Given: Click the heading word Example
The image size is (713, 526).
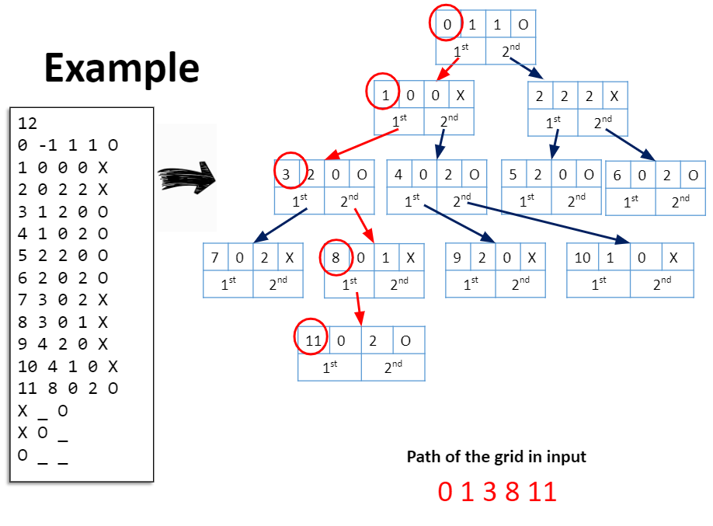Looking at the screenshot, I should click(x=122, y=68).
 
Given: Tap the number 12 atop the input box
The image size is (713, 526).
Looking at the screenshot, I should click(x=27, y=124).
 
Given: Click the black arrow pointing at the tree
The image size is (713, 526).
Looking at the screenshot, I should click(x=186, y=178).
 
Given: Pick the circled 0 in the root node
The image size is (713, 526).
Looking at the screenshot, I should click(x=447, y=24).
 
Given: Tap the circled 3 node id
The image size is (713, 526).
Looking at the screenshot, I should click(x=286, y=175).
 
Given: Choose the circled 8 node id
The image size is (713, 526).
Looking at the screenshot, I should click(x=336, y=257).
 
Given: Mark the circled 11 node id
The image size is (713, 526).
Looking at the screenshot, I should click(x=313, y=340).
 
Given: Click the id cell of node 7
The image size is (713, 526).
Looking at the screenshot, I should click(x=215, y=257).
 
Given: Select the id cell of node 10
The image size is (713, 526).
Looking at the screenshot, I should click(x=582, y=257).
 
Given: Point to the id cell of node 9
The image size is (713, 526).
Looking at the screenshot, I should click(x=457, y=257).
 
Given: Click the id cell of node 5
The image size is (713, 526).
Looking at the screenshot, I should click(x=513, y=175).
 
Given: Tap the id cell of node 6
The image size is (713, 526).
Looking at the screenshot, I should click(x=617, y=175).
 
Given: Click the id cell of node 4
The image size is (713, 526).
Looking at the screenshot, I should click(x=398, y=175).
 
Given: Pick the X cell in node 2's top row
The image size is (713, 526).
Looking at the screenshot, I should click(x=614, y=96).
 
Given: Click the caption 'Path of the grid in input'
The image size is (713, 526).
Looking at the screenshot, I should click(x=496, y=457).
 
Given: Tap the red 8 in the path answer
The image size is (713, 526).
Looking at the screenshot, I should click(x=512, y=492).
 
